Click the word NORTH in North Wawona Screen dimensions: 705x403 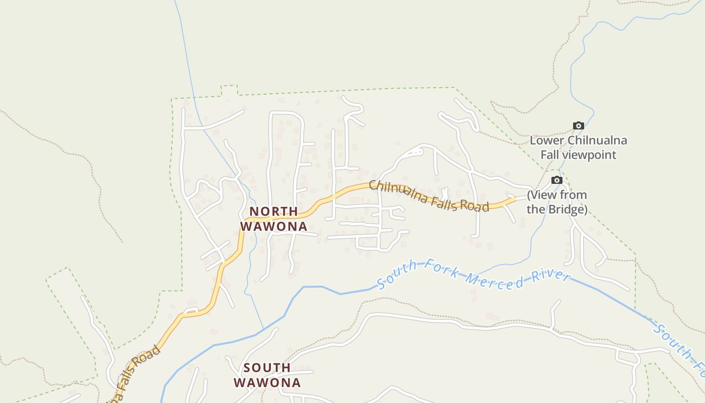274,211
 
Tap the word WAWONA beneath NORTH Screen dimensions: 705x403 273,226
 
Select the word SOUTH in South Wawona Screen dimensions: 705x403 267,368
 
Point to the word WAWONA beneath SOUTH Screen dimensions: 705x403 267,383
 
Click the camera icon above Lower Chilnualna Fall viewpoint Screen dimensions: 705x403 579,125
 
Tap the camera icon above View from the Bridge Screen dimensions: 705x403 556,180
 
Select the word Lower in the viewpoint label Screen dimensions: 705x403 547,141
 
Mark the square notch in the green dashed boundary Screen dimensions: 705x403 230,90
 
